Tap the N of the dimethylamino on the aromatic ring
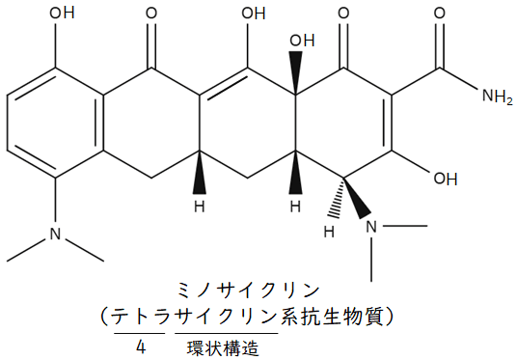point(54,235)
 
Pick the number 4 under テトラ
point(142,346)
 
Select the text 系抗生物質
point(335,315)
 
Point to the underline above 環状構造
point(227,331)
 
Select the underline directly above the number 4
point(142,331)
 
